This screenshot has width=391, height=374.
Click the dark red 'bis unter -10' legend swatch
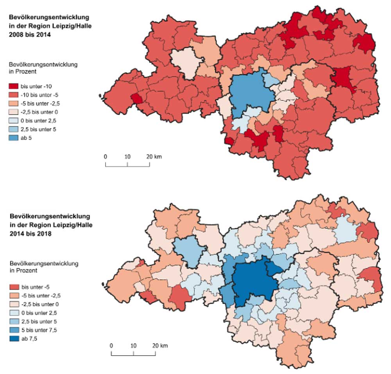coord(14,85)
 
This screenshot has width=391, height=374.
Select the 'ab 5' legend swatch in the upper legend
coord(14,137)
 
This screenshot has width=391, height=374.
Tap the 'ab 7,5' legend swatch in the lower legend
coord(14,339)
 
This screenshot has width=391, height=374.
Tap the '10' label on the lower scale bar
coord(133,346)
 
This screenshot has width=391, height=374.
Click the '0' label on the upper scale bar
coord(105,157)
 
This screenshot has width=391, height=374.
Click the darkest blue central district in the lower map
coord(254,281)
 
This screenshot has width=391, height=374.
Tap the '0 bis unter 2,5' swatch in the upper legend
coord(14,120)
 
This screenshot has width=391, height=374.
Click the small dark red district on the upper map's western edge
coord(137,98)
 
